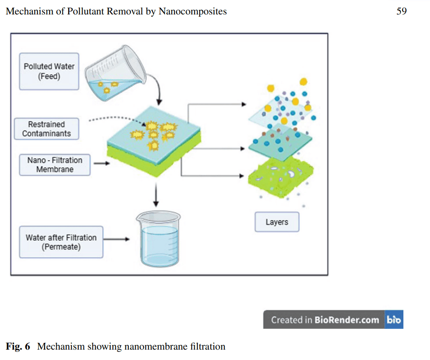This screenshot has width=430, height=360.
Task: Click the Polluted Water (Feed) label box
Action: click(x=49, y=71)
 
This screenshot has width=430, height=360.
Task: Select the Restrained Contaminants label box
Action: click(x=46, y=129)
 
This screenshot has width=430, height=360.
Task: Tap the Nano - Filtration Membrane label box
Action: click(x=55, y=165)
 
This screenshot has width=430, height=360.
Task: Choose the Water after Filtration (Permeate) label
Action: click(x=61, y=242)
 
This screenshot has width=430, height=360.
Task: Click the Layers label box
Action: click(x=277, y=222)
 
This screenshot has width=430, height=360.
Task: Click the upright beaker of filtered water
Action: click(x=159, y=239)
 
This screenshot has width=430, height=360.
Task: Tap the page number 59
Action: click(x=402, y=11)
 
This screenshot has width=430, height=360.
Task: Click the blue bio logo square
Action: click(x=394, y=319)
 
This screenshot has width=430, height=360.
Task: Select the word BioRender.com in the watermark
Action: click(x=347, y=320)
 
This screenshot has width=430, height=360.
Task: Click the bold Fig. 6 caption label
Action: click(x=18, y=346)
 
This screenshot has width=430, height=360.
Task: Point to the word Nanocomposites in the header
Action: click(x=193, y=11)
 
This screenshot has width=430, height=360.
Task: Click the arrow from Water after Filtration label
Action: click(x=116, y=239)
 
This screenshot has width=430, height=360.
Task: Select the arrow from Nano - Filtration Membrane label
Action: click(x=101, y=163)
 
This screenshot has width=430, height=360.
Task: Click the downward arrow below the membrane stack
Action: click(x=156, y=195)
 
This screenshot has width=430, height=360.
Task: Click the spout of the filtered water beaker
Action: click(x=138, y=217)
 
